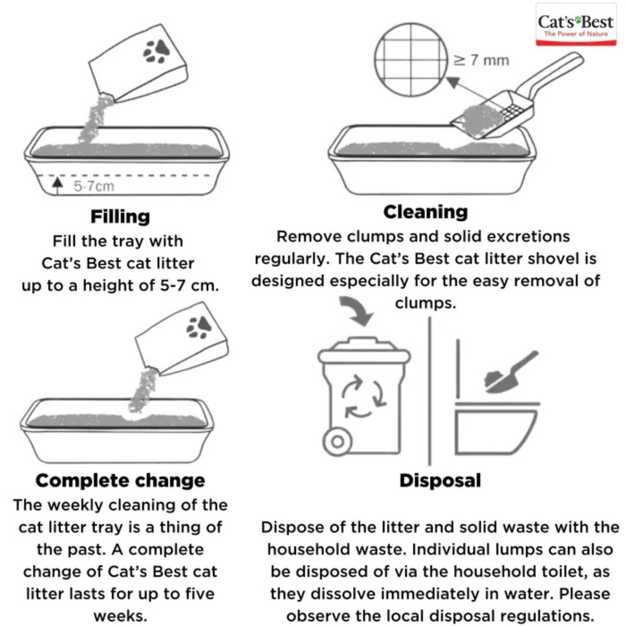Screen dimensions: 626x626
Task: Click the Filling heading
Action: pos(120,216)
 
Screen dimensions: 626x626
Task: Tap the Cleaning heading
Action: pos(426,212)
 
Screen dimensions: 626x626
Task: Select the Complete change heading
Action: pos(120,481)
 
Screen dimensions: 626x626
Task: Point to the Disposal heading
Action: pos(440,481)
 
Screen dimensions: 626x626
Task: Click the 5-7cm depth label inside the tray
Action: pos(94,186)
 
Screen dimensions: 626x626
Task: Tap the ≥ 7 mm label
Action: pos(481,60)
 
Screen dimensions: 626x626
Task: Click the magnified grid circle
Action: pos(411,60)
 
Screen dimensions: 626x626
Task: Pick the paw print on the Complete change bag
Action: pos(199,327)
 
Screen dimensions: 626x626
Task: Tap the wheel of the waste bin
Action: pos(338,441)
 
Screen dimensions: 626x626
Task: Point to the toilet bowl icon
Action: pos(496,431)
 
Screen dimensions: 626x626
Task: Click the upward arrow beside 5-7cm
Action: pos(58,185)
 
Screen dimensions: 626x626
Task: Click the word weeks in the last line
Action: pos(120,616)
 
